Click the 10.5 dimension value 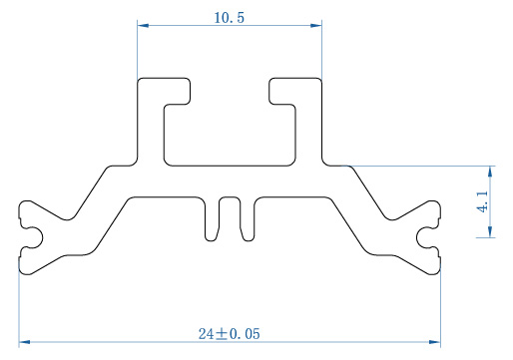point(229,18)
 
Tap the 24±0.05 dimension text point(230,334)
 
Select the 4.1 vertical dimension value point(482,201)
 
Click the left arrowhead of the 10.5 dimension point(143,25)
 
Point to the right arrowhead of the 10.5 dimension point(316,25)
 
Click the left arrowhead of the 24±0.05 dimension point(25,342)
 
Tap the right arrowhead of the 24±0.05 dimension point(435,342)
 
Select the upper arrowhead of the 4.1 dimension point(490,172)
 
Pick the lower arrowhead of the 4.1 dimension point(490,231)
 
